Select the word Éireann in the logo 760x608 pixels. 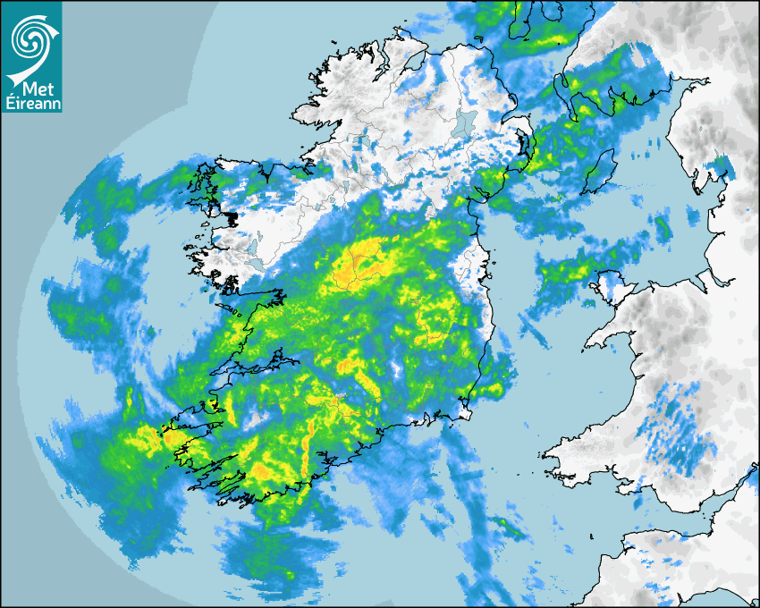31,103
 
